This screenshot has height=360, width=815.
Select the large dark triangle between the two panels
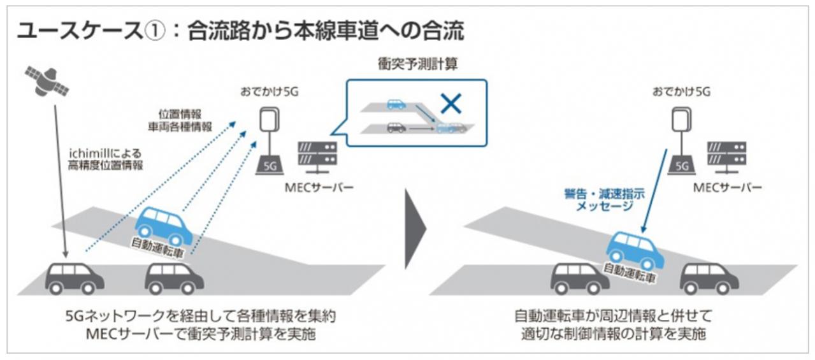[x=415, y=227]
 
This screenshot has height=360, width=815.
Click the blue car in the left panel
[x=163, y=226]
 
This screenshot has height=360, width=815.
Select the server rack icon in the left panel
[x=317, y=155]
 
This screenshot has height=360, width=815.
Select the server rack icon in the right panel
[x=727, y=156]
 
